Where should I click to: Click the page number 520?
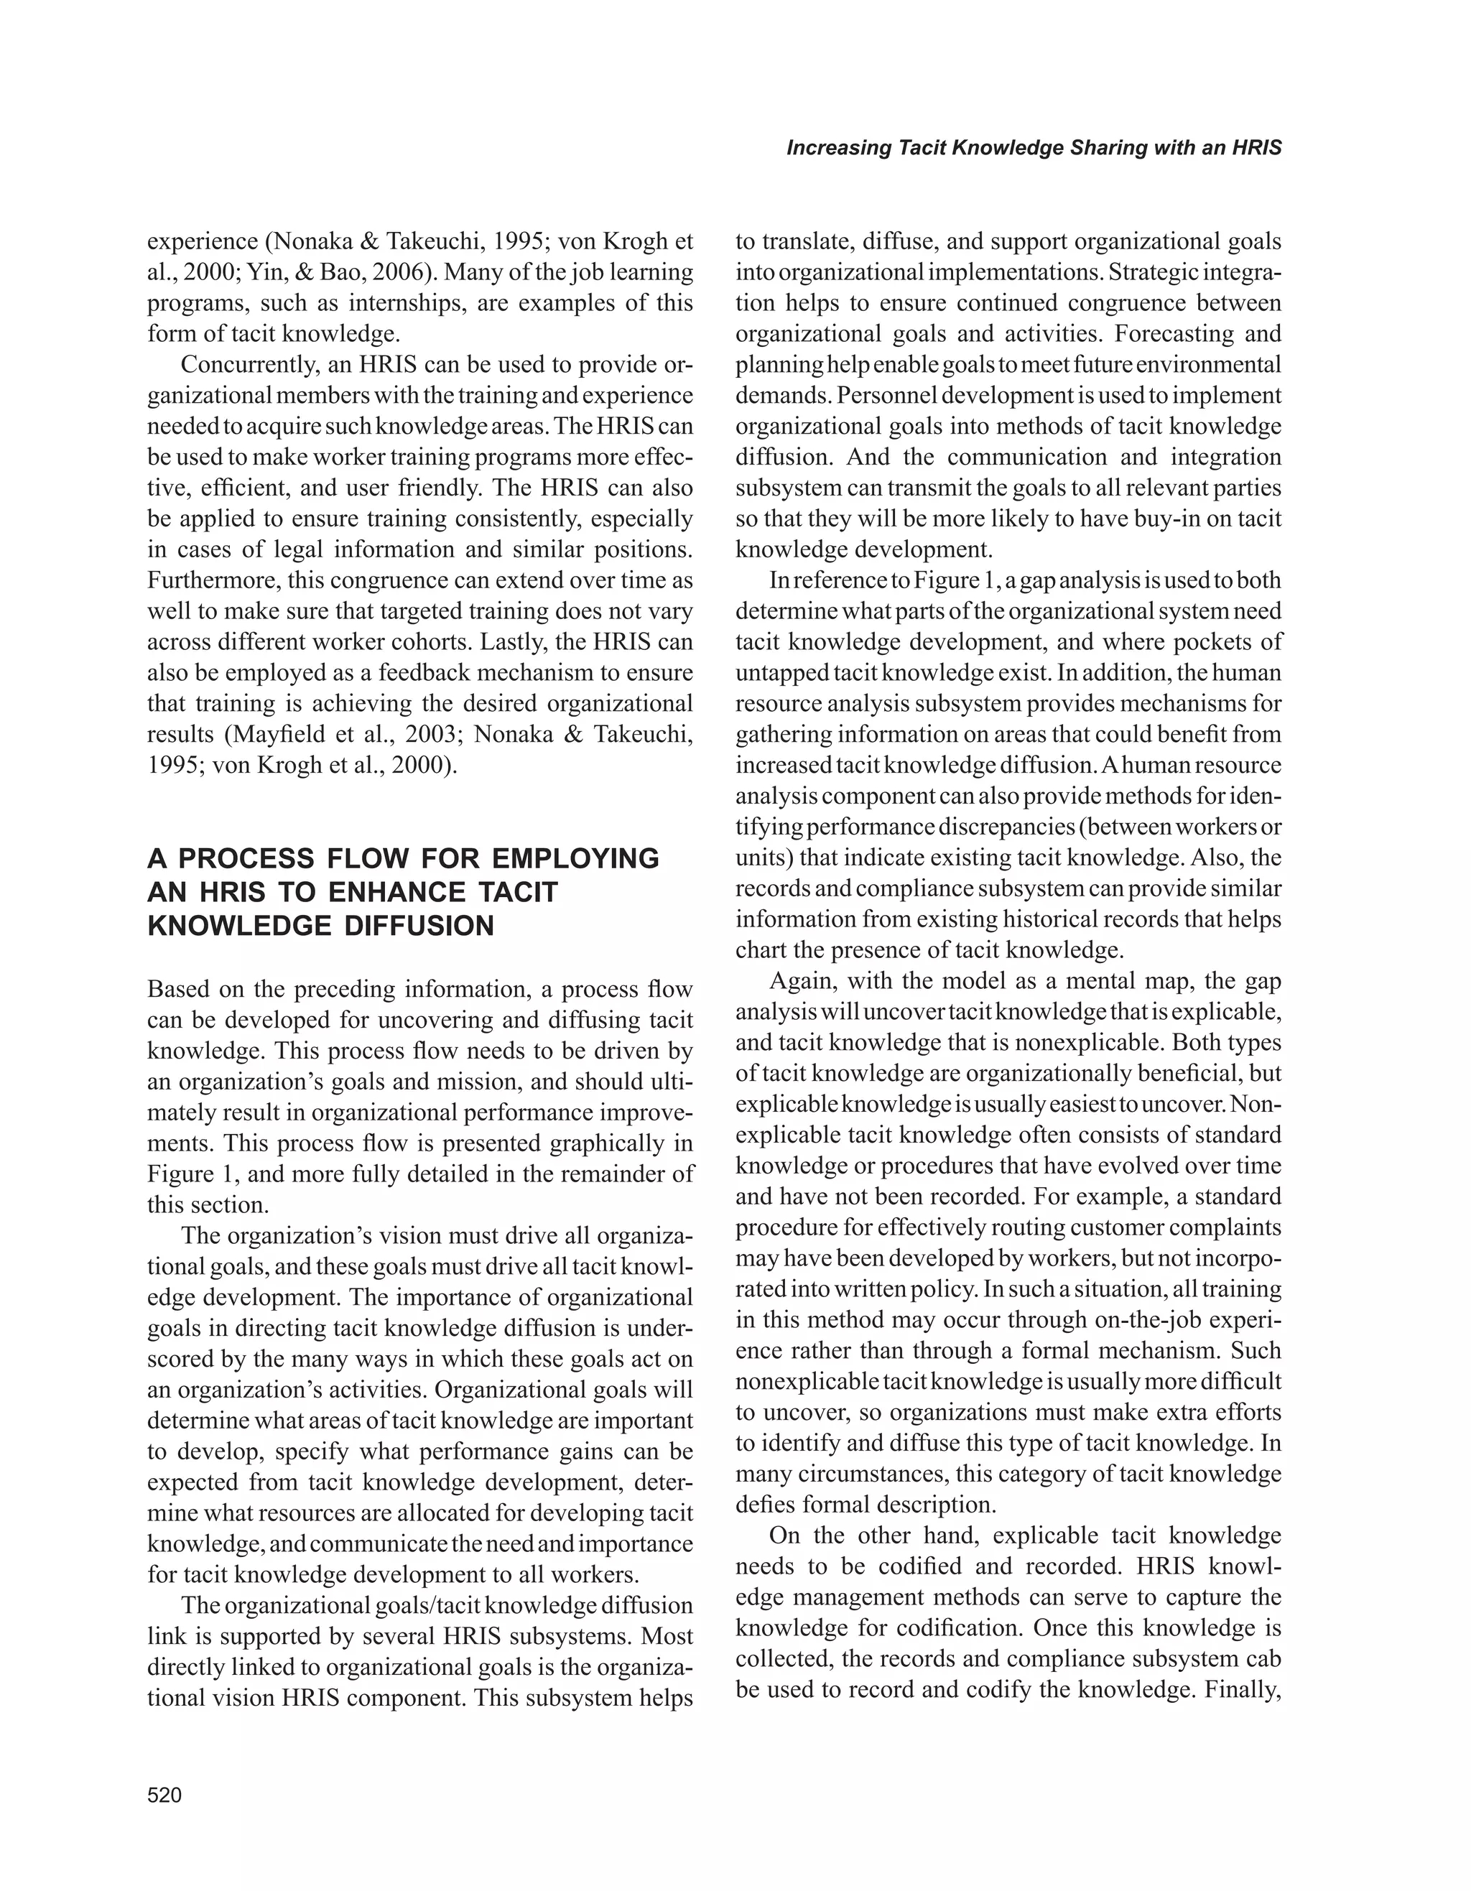coord(164,1795)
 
